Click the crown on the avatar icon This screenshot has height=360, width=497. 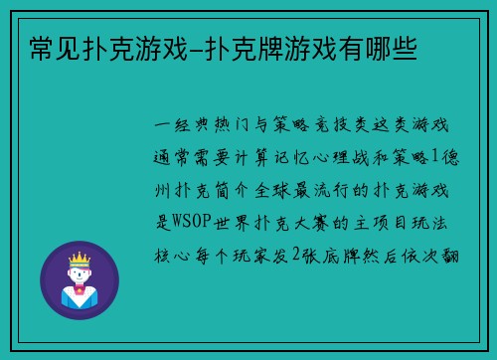(x=79, y=261)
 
